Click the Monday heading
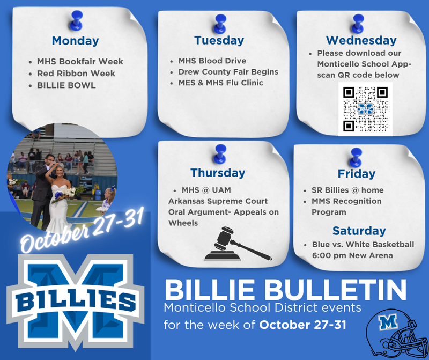pyautogui.click(x=75, y=41)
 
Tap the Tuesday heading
pyautogui.click(x=219, y=40)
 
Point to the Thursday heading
pyautogui.click(x=217, y=173)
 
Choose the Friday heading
pyautogui.click(x=356, y=174)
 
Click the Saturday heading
pyautogui.click(x=359, y=231)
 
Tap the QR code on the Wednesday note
pyautogui.click(x=365, y=109)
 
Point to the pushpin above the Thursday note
pyautogui.click(x=217, y=152)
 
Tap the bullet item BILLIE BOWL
pyautogui.click(x=66, y=85)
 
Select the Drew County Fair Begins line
pyautogui.click(x=228, y=72)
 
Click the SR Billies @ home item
pyautogui.click(x=347, y=190)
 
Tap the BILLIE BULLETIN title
pyautogui.click(x=285, y=290)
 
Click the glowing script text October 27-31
pyautogui.click(x=82, y=229)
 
